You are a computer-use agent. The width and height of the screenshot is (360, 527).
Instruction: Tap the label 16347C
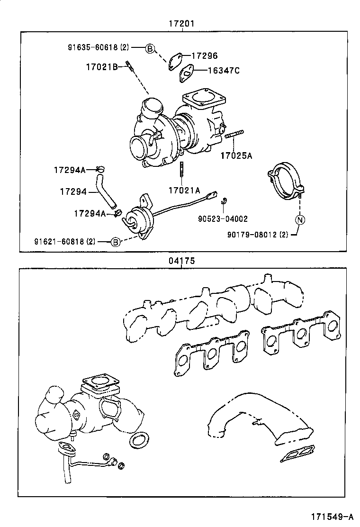(224, 71)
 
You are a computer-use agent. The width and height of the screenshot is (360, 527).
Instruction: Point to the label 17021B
(101, 67)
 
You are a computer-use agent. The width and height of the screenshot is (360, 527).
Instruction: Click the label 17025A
(236, 155)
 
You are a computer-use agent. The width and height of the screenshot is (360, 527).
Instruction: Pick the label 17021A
(184, 190)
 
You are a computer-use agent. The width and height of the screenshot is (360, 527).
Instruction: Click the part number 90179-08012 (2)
(257, 234)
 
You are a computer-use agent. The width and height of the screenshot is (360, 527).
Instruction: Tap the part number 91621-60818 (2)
(64, 241)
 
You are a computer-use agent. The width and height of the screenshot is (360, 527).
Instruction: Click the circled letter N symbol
(300, 219)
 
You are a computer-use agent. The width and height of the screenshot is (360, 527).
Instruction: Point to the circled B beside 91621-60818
(115, 242)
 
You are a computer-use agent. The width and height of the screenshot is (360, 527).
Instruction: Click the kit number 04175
(182, 261)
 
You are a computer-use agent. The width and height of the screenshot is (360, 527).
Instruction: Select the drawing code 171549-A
(332, 515)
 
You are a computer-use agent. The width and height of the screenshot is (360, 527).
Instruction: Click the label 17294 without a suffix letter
(73, 191)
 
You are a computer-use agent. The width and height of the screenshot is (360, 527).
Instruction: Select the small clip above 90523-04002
(224, 200)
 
